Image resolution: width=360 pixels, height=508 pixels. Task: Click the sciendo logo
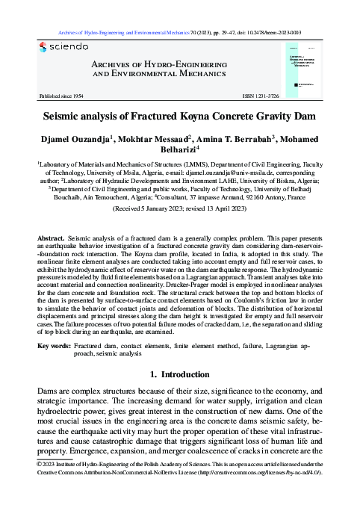point(63,47)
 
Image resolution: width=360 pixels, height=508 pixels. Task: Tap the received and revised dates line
point(179,210)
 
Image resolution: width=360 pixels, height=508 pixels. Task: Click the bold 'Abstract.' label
point(51,238)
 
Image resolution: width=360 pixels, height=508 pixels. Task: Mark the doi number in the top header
point(274,33)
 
